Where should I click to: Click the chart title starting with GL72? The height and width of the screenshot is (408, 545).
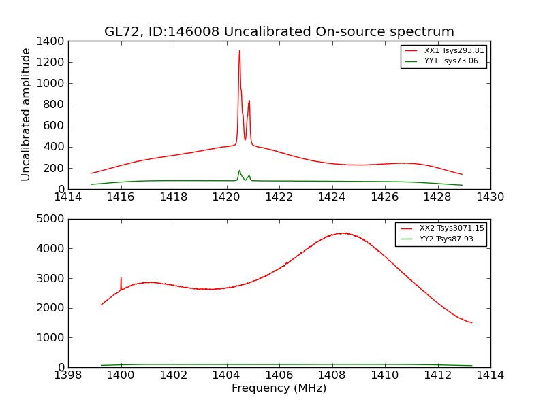click(x=279, y=32)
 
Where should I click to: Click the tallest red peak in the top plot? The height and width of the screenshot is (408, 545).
click(x=239, y=51)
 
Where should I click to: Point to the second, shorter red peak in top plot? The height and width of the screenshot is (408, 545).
click(x=249, y=101)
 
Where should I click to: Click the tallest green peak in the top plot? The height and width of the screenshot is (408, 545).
click(x=239, y=171)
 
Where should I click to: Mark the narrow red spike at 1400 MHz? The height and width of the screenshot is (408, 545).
click(x=121, y=278)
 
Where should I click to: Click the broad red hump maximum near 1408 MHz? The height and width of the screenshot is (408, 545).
click(x=345, y=233)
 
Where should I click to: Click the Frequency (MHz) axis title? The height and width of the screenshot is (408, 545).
click(x=279, y=388)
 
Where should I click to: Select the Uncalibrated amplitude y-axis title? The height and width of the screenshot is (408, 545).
click(x=26, y=114)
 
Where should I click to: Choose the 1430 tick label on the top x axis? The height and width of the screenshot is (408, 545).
click(x=490, y=197)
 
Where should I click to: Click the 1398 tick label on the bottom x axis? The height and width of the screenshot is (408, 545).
click(x=68, y=375)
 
